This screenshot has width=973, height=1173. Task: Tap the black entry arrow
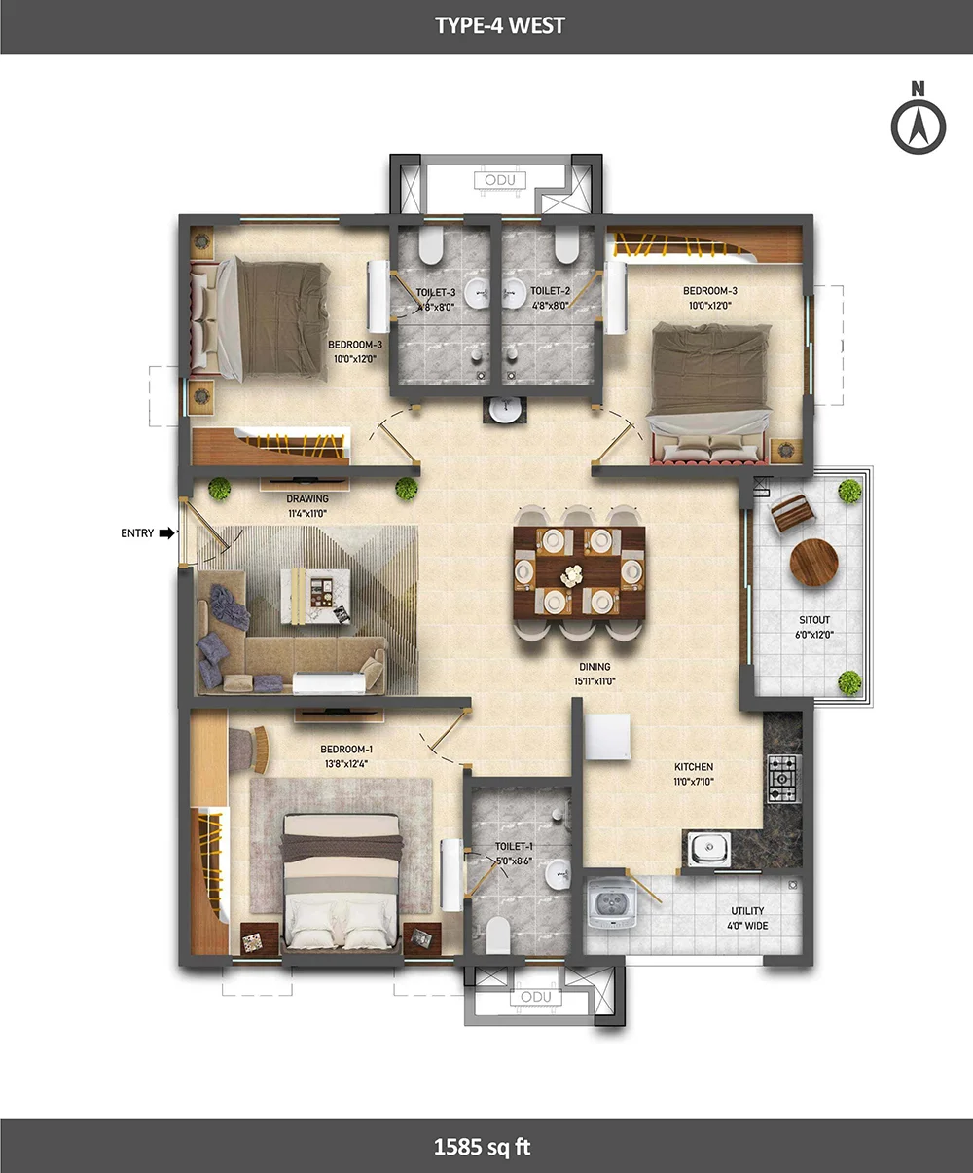[166, 532]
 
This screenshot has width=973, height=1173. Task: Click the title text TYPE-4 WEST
[500, 26]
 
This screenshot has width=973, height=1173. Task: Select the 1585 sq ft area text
[482, 1147]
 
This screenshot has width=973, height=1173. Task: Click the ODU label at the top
[500, 180]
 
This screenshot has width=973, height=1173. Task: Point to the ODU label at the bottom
[535, 997]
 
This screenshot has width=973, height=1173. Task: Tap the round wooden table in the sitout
[813, 563]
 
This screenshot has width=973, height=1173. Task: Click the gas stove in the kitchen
[784, 779]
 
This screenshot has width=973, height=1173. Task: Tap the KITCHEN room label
[694, 767]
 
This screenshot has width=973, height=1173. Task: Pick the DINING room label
[595, 667]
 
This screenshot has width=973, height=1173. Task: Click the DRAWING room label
[307, 498]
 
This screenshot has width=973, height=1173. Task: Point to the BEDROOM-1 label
[346, 750]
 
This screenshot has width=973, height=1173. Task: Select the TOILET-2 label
[550, 291]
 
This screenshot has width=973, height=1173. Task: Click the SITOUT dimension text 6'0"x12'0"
[814, 635]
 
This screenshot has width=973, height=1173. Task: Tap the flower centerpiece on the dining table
[572, 575]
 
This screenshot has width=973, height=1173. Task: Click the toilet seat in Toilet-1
[497, 935]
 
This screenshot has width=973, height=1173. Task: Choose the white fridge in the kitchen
[607, 737]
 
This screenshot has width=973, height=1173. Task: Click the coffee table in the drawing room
[315, 596]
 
